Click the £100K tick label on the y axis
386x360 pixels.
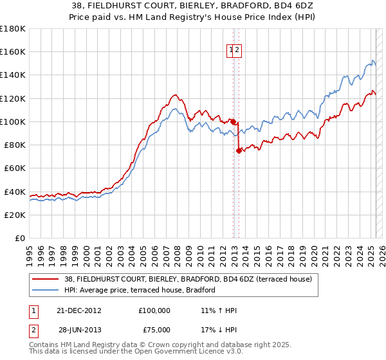[x=12, y=122]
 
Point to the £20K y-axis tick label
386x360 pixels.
[x=15, y=215]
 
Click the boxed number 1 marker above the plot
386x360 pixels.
[x=231, y=52]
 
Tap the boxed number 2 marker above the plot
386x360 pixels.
[x=237, y=52]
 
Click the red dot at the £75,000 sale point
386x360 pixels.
[x=239, y=150]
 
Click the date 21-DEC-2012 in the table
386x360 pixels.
[x=80, y=310]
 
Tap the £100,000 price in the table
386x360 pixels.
[x=154, y=310]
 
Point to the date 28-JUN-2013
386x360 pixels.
[x=80, y=332]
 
